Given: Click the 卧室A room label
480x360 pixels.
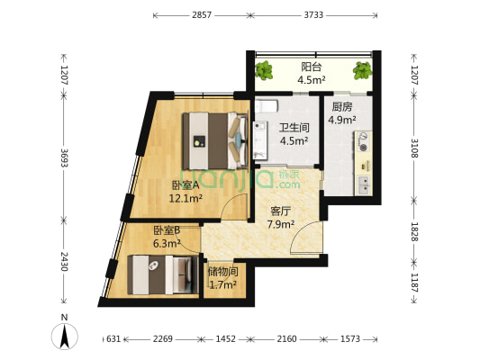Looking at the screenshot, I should pyautogui.click(x=186, y=184).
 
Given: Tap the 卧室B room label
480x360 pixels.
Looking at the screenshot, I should pyautogui.click(x=167, y=229).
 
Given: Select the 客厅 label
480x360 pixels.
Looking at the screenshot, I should pyautogui.click(x=280, y=211).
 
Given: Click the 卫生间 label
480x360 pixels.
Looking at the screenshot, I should pyautogui.click(x=294, y=128).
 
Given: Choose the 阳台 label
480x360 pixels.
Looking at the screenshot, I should pyautogui.click(x=311, y=66).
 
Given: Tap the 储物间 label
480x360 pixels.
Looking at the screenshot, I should pyautogui.click(x=222, y=271).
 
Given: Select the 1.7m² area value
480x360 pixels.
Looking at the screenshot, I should pyautogui.click(x=222, y=284).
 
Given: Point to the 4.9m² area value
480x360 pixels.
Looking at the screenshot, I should pyautogui.click(x=341, y=119).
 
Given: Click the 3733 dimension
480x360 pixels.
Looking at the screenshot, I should pyautogui.click(x=314, y=15).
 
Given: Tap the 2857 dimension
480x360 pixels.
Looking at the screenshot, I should pyautogui.click(x=202, y=15).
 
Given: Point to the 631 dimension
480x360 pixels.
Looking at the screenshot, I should pyautogui.click(x=113, y=339).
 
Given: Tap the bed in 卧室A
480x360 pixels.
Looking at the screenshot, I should pyautogui.click(x=214, y=139).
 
